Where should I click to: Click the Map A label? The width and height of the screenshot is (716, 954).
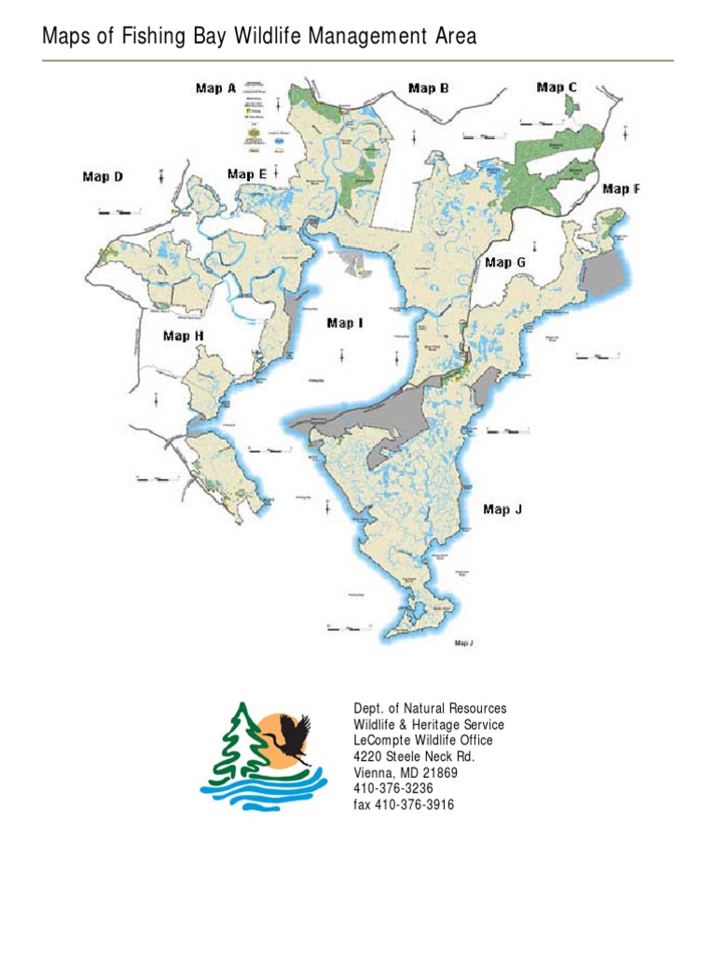coord(215,89)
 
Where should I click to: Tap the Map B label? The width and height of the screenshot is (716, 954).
coord(429,89)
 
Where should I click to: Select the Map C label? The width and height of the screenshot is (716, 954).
coord(557,87)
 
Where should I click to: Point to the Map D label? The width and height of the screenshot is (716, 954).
coord(103,176)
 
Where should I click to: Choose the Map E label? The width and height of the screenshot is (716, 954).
coord(247,173)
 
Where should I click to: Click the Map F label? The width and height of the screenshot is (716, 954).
coord(621,188)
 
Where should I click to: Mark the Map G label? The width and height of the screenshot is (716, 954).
coord(505,263)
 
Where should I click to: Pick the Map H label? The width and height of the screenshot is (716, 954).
coord(184,336)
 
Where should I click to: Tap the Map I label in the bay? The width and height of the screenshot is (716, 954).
coord(345,323)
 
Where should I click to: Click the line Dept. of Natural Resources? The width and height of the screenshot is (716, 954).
coord(430,710)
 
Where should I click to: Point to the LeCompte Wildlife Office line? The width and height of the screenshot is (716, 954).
coord(422,741)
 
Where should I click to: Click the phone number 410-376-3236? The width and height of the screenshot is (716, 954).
coord(392,788)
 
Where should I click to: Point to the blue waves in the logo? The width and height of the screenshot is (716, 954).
coord(266,792)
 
